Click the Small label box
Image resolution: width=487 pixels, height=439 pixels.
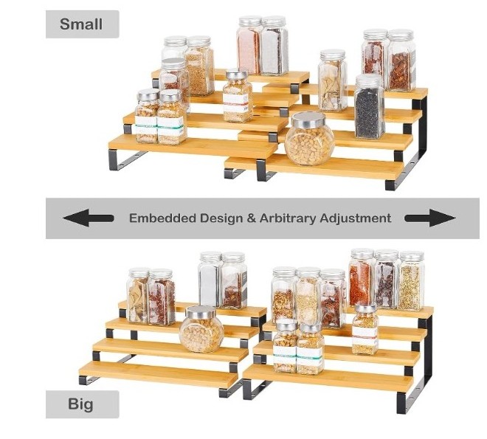coord(82,24)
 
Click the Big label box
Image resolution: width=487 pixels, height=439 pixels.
coord(82,404)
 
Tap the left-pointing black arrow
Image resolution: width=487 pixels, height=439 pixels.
coord(88,218)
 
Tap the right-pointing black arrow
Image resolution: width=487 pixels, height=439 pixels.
coord(430,218)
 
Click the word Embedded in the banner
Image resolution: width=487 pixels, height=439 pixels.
coord(159,218)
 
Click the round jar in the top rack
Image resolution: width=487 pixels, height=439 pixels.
coord(310,140)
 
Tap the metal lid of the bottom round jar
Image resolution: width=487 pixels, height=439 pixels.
coord(201,312)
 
